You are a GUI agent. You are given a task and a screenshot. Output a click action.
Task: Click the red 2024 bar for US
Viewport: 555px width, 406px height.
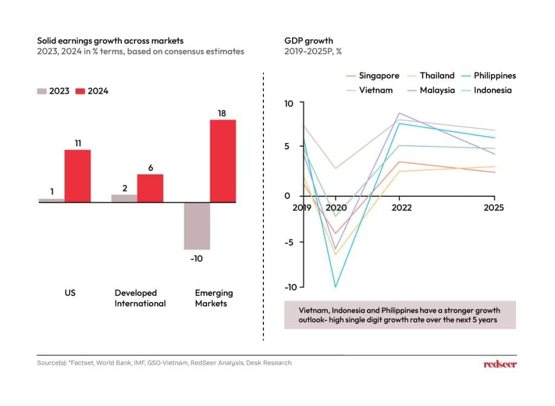(78, 176)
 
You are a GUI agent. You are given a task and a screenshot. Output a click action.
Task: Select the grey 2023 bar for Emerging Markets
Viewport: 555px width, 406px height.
(196, 225)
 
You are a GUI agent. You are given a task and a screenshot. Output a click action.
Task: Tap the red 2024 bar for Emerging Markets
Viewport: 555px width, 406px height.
(223, 160)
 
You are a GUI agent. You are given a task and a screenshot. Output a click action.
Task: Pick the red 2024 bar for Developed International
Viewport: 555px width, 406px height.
(150, 188)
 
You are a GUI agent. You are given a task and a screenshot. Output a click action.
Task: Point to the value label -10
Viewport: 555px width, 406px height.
(196, 259)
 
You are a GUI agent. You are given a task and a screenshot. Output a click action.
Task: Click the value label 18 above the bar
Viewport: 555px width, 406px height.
(223, 113)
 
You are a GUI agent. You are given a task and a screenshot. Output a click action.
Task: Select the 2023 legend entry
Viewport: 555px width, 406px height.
(53, 91)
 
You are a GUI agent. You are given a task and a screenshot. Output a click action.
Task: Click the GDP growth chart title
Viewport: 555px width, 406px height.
(308, 41)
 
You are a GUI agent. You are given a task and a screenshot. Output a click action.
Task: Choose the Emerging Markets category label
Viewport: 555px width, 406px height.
(214, 298)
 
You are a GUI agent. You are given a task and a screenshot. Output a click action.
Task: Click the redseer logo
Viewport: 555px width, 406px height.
(500, 364)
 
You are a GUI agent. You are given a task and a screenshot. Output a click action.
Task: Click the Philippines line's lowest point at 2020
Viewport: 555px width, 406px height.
(335, 287)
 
